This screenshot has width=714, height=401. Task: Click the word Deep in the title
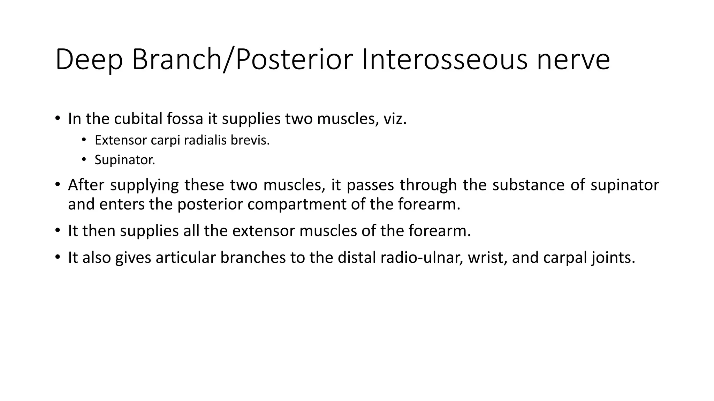click(89, 60)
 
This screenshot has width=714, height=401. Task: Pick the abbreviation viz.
click(395, 119)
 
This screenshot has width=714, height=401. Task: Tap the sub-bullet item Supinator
click(125, 160)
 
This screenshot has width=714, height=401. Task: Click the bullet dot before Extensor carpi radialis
click(84, 140)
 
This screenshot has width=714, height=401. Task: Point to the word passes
click(370, 185)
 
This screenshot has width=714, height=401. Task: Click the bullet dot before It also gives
click(57, 258)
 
